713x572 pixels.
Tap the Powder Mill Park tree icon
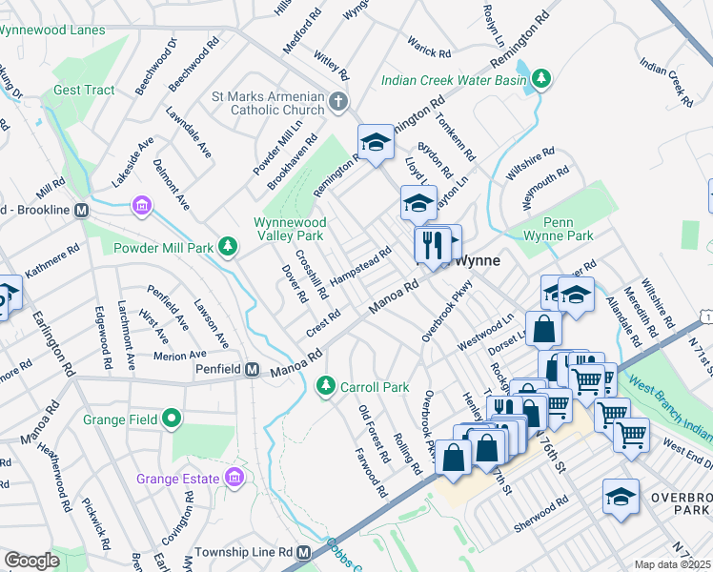pyautogui.click(x=228, y=248)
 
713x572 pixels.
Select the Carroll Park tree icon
pyautogui.click(x=325, y=386)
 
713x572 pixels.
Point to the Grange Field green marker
pyautogui.click(x=172, y=419)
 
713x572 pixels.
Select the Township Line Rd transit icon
pyautogui.click(x=304, y=553)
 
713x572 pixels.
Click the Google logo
pyautogui.click(x=31, y=561)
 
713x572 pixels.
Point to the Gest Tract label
pyautogui.click(x=84, y=91)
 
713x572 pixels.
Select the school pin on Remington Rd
pyautogui.click(x=376, y=143)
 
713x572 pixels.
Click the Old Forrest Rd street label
pyautogui.click(x=374, y=434)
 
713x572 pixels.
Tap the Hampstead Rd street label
pyautogui.click(x=361, y=265)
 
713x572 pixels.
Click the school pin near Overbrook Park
pyautogui.click(x=621, y=497)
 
